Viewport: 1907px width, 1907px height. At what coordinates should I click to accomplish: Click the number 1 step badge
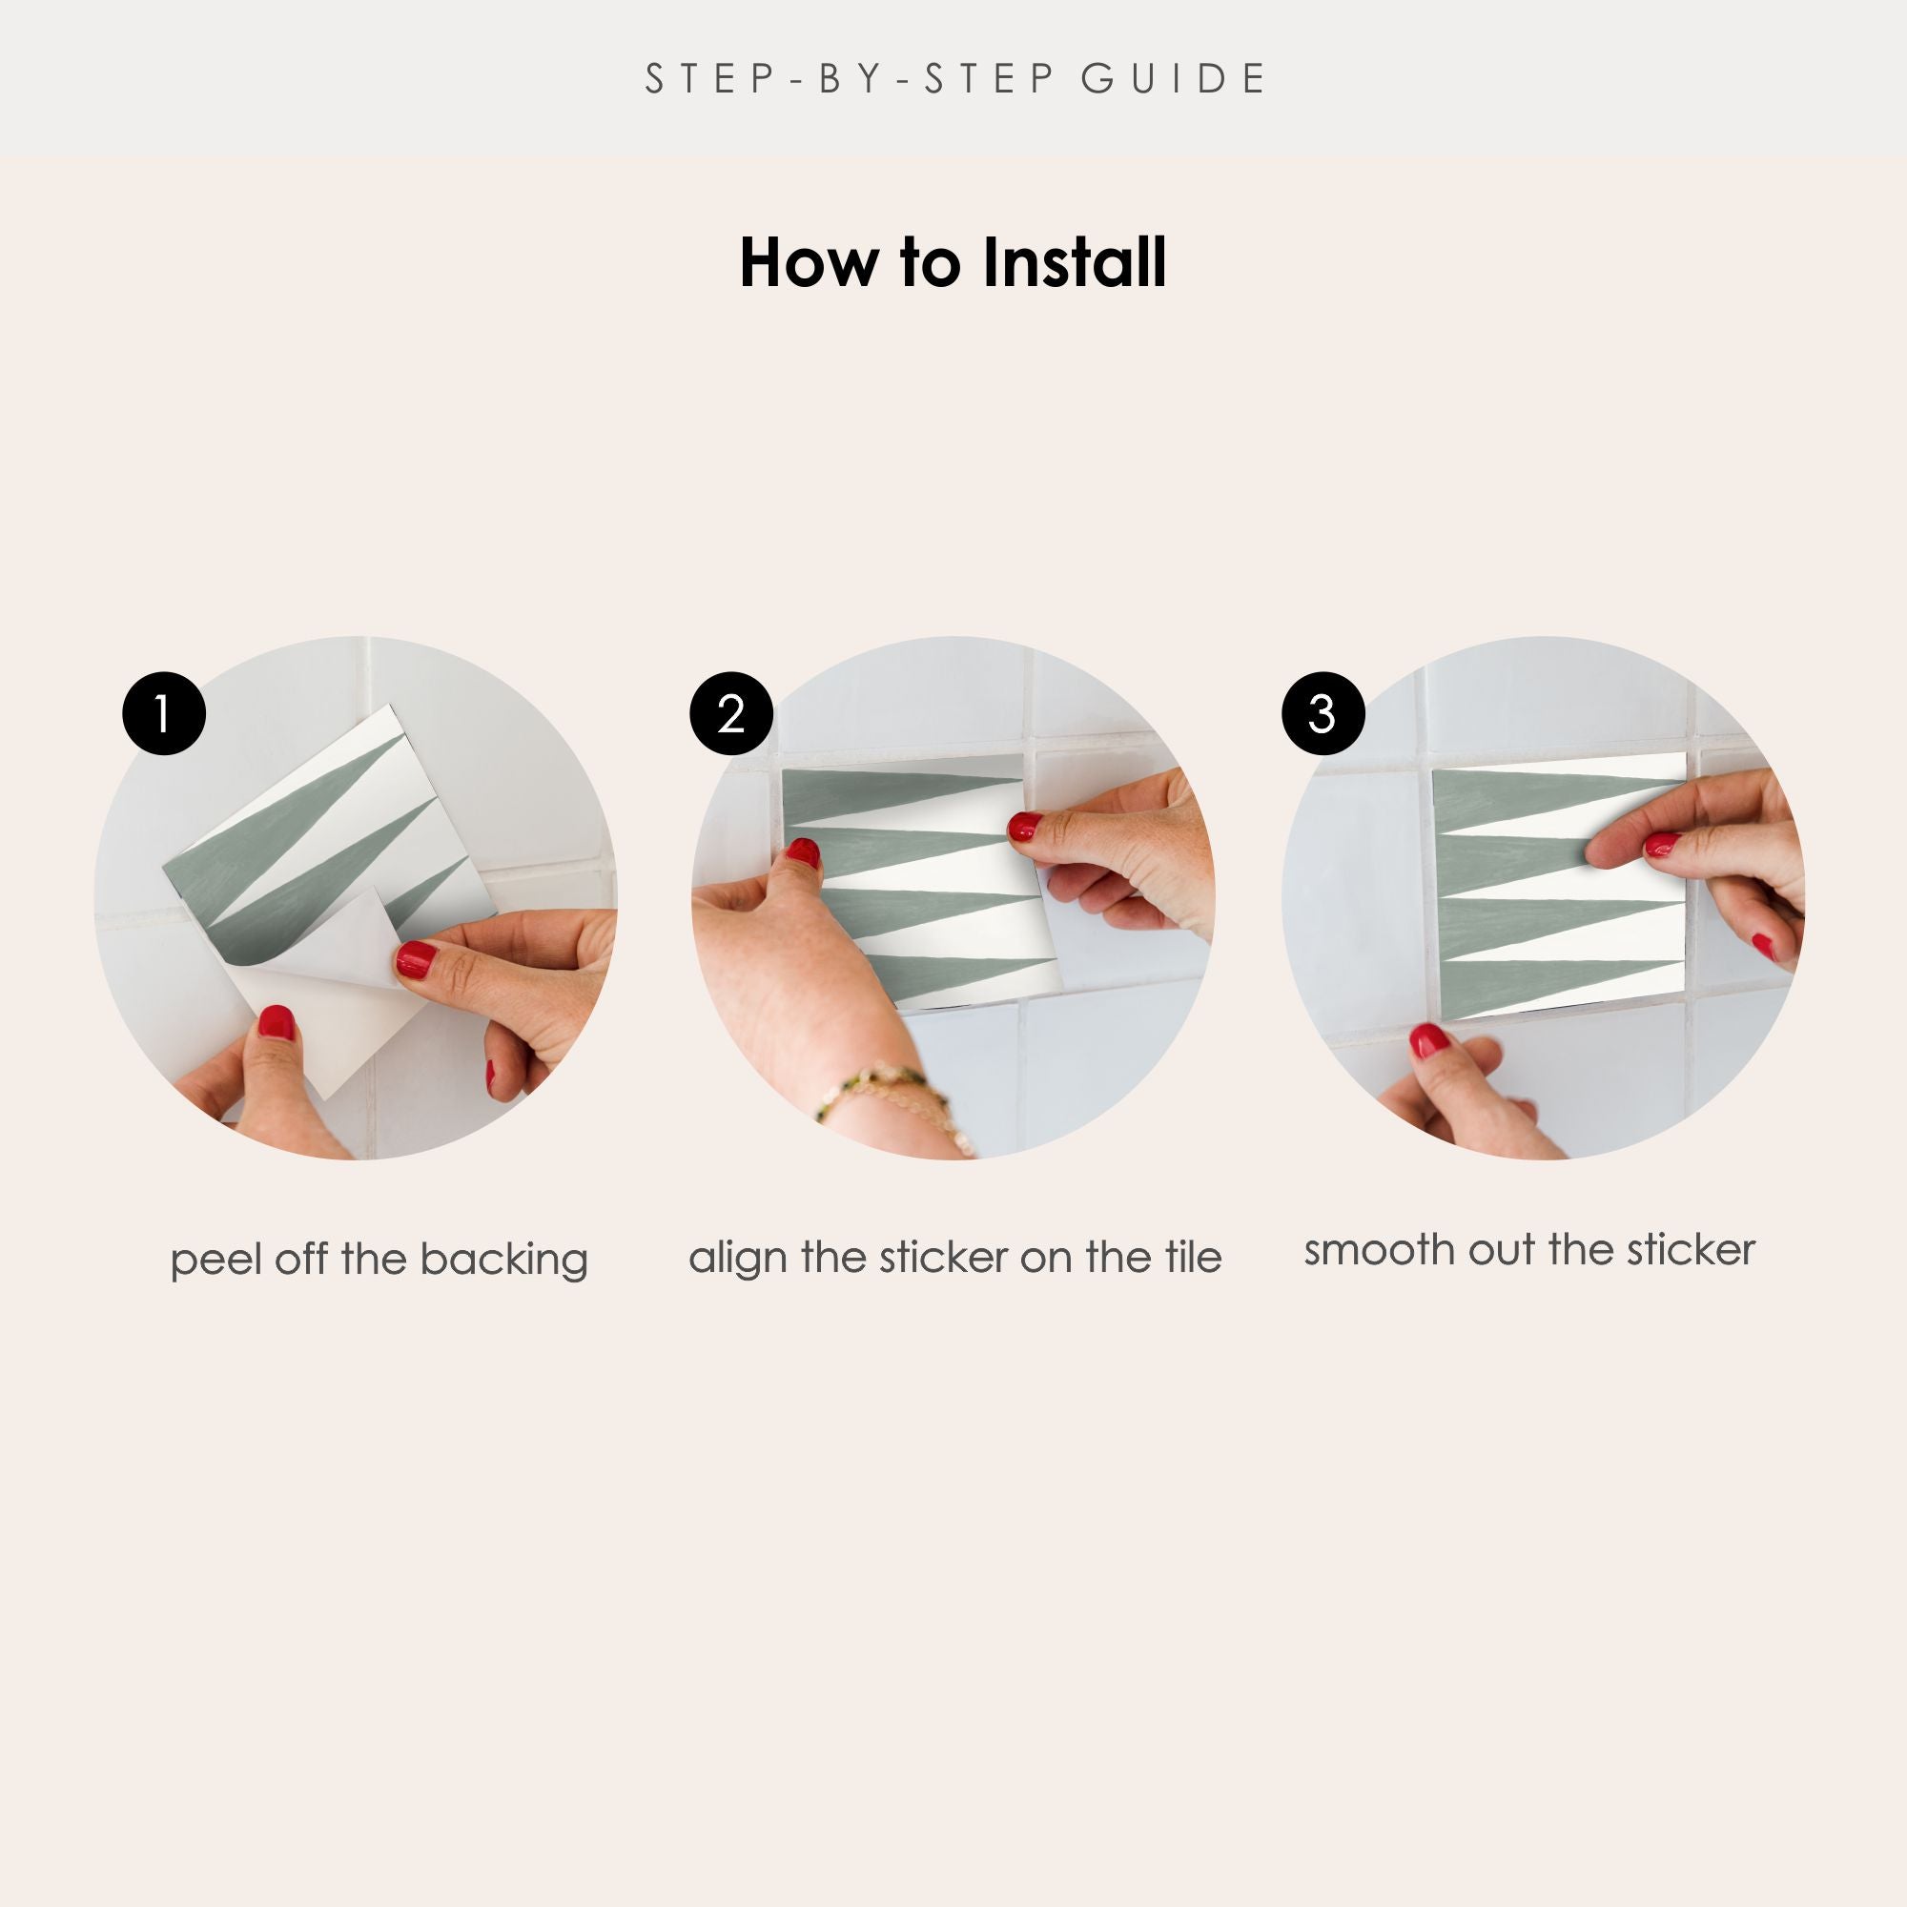click(164, 713)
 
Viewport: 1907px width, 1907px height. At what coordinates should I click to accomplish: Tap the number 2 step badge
click(730, 713)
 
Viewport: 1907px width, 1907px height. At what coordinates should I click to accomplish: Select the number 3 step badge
click(1323, 713)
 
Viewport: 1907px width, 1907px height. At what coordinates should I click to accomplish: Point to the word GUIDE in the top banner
click(1174, 79)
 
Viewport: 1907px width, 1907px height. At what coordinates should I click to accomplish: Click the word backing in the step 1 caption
click(503, 1261)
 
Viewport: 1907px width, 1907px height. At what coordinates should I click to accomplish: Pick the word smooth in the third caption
click(1380, 1251)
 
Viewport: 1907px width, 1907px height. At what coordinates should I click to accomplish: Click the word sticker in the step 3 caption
click(1692, 1251)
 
